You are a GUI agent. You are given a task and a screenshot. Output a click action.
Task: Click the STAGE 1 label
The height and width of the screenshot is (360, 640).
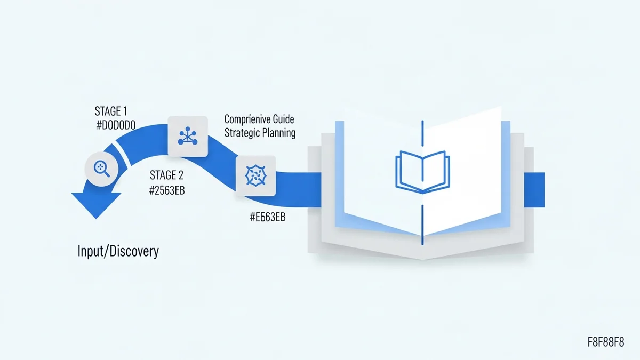click(x=111, y=111)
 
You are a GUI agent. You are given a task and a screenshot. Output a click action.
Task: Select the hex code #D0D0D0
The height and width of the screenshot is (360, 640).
click(x=117, y=125)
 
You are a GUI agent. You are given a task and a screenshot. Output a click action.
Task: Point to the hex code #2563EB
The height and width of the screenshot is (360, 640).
click(x=167, y=190)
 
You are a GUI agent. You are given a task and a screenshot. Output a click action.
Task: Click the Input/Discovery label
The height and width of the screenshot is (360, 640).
click(x=118, y=251)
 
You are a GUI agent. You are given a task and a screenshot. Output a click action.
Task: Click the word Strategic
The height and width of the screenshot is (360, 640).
click(x=242, y=133)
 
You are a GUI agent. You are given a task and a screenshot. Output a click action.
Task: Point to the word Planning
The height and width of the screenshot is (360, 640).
click(x=278, y=133)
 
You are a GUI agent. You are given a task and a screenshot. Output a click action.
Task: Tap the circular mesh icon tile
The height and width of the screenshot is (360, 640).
click(x=255, y=175)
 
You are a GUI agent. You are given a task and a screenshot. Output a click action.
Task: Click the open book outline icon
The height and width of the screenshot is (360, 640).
click(x=422, y=171)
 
